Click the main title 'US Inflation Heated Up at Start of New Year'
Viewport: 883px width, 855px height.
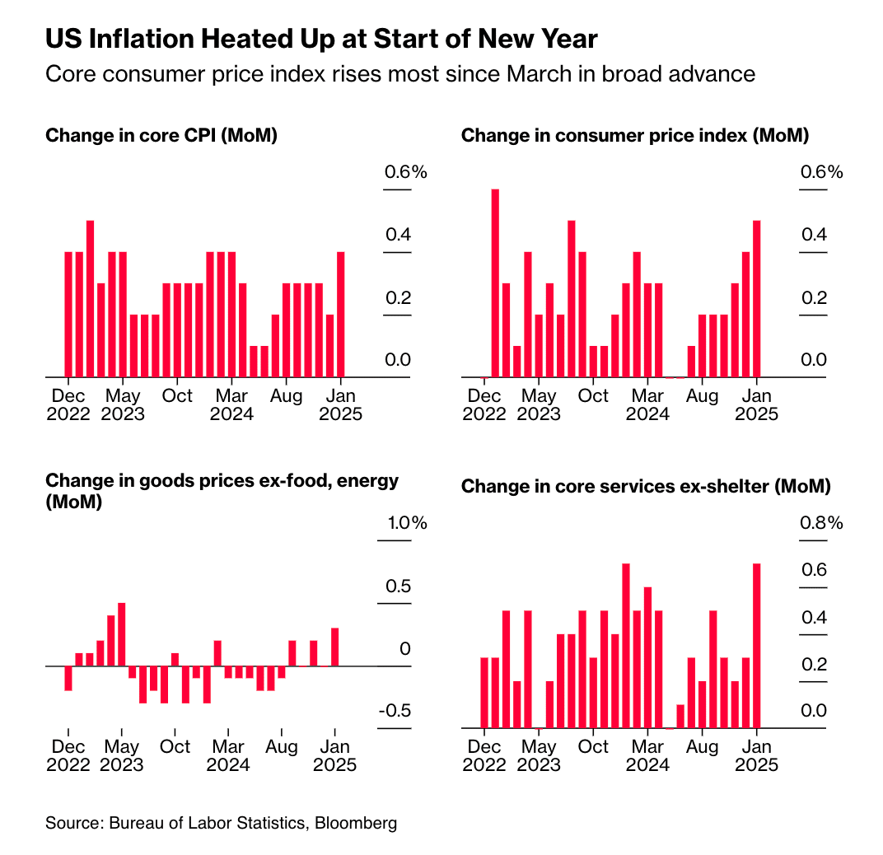pyautogui.click(x=321, y=39)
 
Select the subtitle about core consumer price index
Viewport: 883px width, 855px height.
pyautogui.click(x=399, y=74)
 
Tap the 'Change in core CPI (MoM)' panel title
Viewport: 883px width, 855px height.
pyautogui.click(x=161, y=135)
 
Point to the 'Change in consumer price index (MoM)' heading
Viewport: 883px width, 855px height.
pyautogui.click(x=635, y=135)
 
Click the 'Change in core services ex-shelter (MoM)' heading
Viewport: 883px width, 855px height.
pyautogui.click(x=646, y=486)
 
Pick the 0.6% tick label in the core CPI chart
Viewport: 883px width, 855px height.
pyautogui.click(x=406, y=172)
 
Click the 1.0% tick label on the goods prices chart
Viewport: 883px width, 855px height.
pyautogui.click(x=406, y=523)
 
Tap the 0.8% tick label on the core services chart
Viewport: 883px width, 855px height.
pyautogui.click(x=821, y=523)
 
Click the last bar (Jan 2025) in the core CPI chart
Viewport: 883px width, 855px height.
pyautogui.click(x=340, y=314)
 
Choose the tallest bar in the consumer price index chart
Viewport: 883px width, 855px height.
pyautogui.click(x=496, y=283)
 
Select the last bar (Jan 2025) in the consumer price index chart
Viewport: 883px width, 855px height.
pyautogui.click(x=756, y=298)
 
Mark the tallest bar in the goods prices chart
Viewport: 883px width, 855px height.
pyautogui.click(x=121, y=633)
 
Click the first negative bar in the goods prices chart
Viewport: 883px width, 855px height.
pyautogui.click(x=68, y=678)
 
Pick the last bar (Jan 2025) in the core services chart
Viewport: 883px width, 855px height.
pyautogui.click(x=756, y=645)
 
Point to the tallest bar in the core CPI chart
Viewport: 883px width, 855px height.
pyautogui.click(x=90, y=298)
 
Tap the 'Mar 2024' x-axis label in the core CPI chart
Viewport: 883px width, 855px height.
pyautogui.click(x=231, y=404)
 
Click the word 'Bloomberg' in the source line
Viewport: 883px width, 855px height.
pyautogui.click(x=355, y=823)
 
